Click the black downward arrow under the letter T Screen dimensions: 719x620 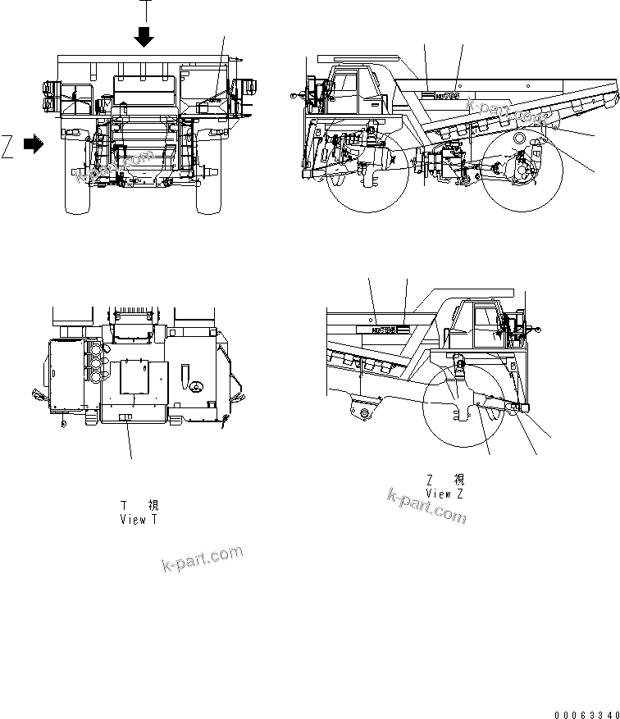[x=144, y=36]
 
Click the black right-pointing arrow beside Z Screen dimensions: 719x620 [x=34, y=144]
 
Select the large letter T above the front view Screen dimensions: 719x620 [x=144, y=10]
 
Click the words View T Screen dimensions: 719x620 [x=138, y=520]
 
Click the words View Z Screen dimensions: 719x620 [x=444, y=494]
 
